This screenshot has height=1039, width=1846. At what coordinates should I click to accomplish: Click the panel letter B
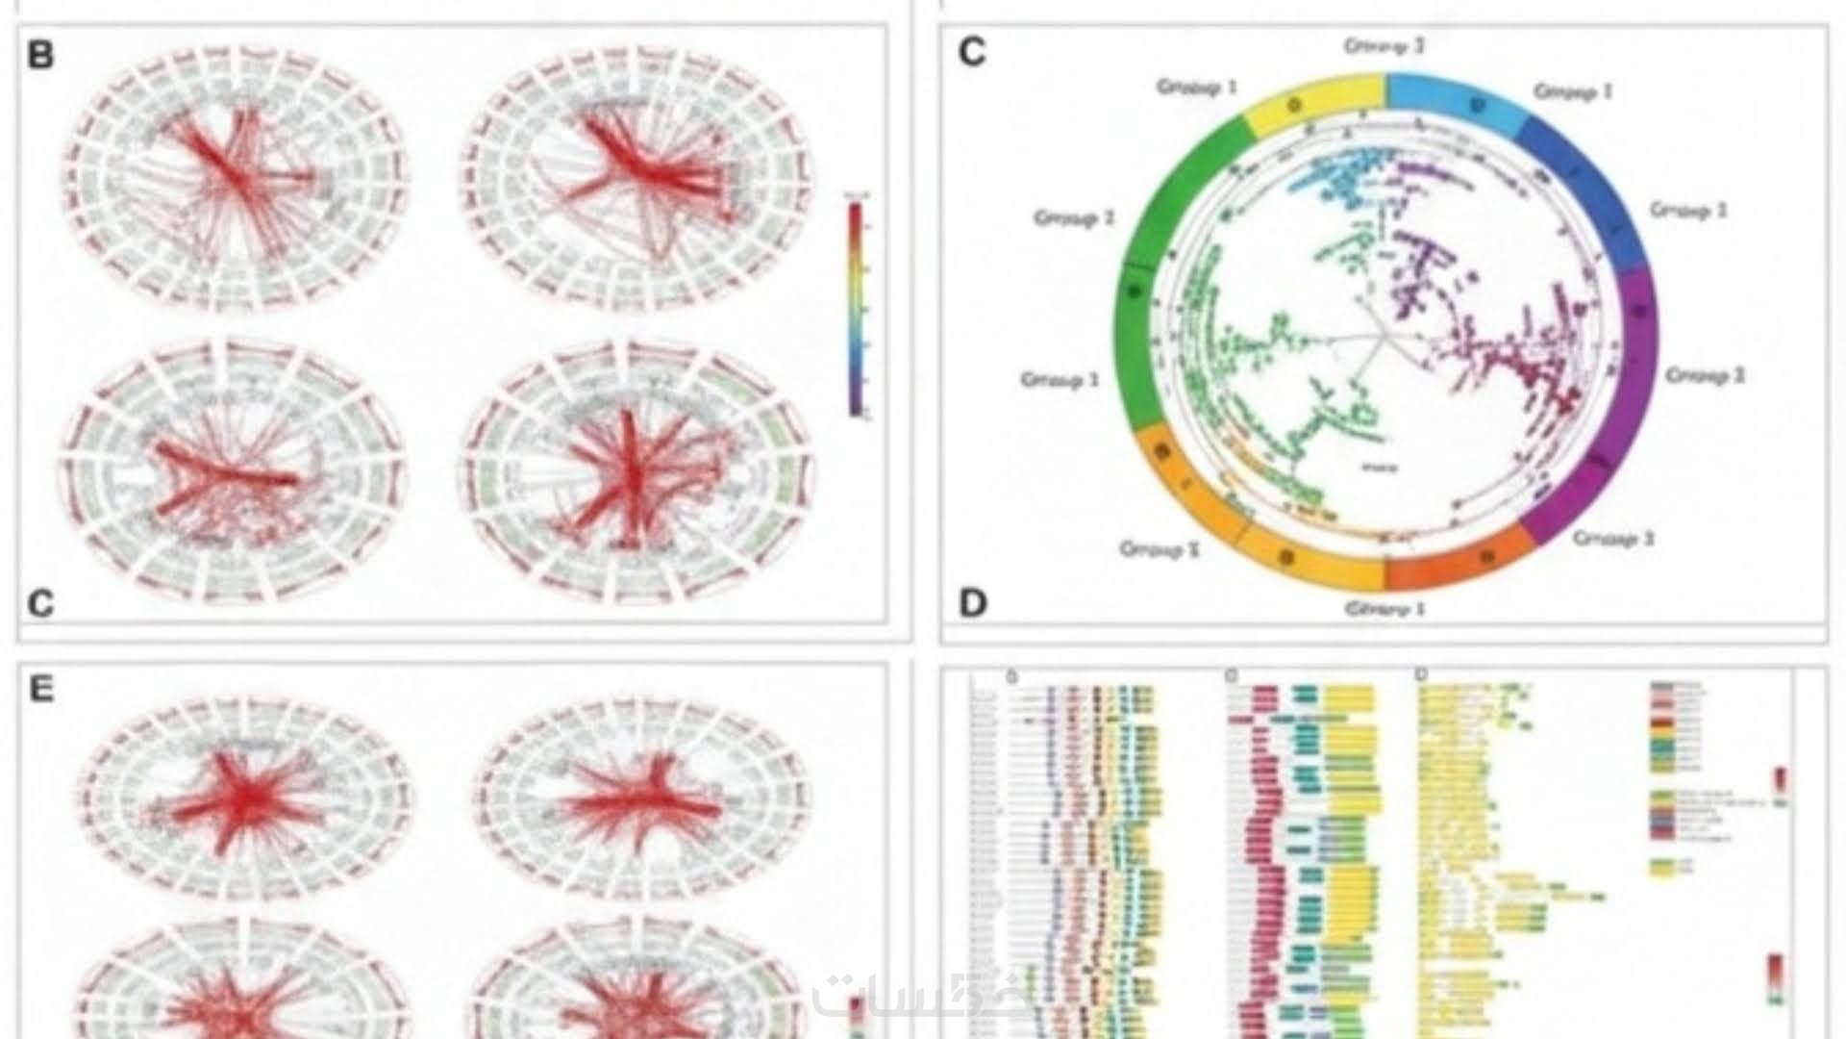tap(40, 55)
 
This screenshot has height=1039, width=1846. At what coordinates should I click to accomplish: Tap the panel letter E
tap(40, 689)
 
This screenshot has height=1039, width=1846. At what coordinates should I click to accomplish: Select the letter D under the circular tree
tap(973, 603)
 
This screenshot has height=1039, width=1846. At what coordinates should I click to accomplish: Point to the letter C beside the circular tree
tap(972, 52)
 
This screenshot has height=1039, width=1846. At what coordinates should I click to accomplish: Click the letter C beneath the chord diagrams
tap(40, 603)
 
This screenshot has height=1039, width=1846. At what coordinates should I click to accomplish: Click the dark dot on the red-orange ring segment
tap(1487, 556)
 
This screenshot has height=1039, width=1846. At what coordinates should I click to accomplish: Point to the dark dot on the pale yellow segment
tap(1294, 104)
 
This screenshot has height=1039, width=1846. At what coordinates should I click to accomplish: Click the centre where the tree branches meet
tap(1384, 337)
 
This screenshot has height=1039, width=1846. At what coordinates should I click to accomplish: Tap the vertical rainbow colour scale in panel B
tap(855, 308)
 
